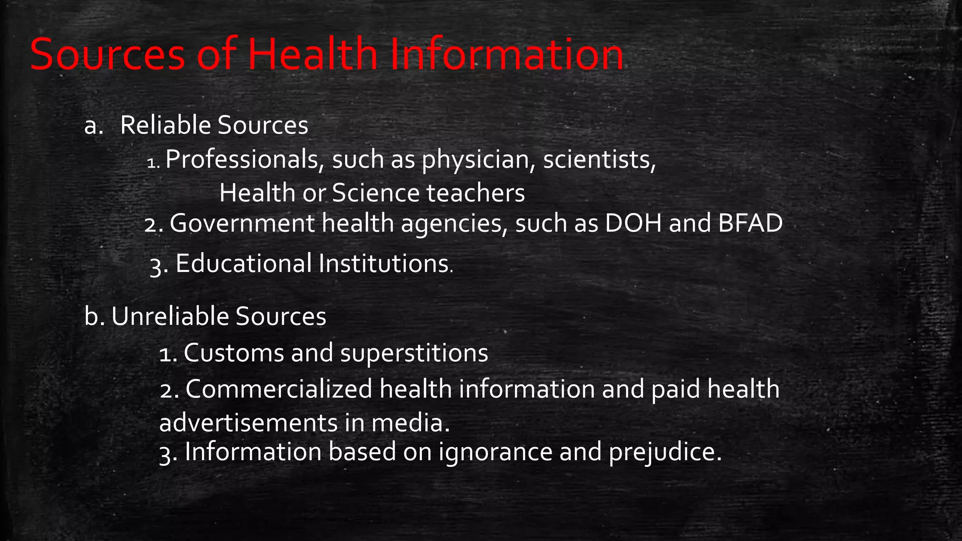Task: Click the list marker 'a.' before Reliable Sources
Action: (x=93, y=126)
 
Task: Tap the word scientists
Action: (x=599, y=160)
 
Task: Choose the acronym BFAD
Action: (x=750, y=223)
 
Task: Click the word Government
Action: (x=242, y=223)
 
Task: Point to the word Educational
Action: (x=243, y=263)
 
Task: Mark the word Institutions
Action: (x=383, y=263)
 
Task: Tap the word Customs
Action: (x=233, y=353)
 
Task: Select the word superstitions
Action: (x=414, y=354)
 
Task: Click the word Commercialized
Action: (x=279, y=389)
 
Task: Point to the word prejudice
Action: (x=664, y=452)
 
